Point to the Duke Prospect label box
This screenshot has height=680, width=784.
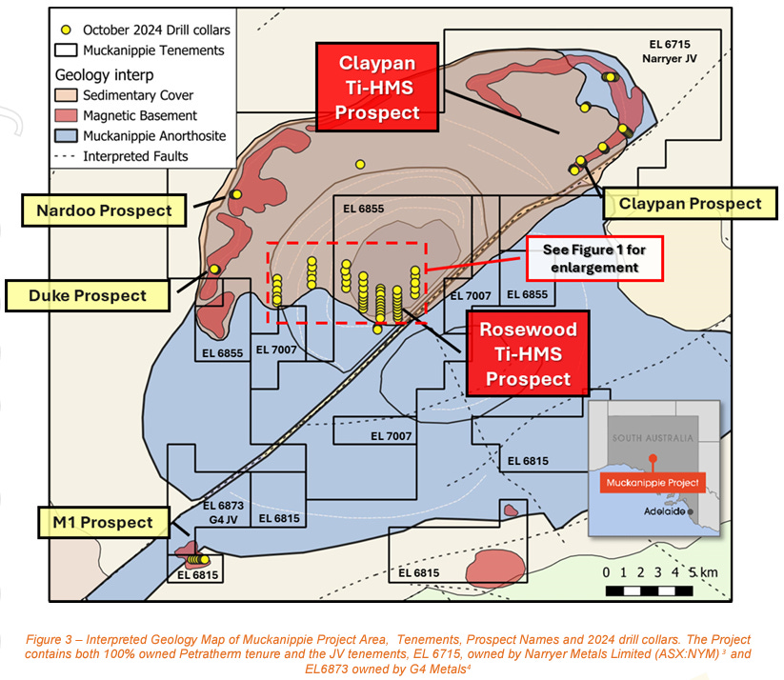[x=87, y=294]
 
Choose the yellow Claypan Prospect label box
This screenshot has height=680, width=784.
[x=690, y=204]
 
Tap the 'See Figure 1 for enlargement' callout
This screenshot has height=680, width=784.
[x=594, y=257]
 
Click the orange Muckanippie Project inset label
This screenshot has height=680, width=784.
[x=653, y=482]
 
